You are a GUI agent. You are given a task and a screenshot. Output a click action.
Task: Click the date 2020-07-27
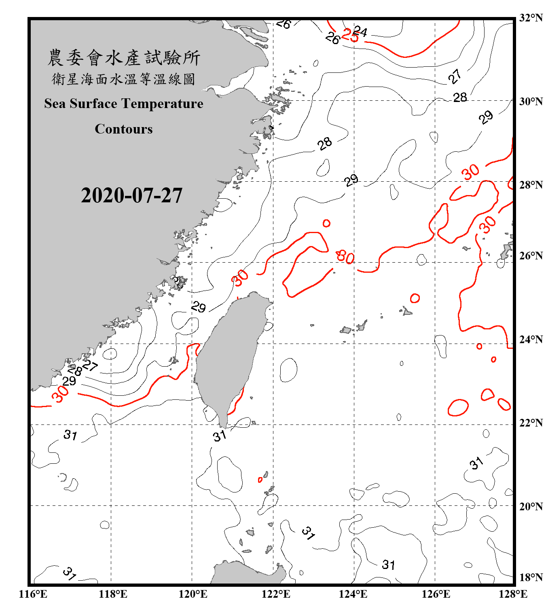coord(131,195)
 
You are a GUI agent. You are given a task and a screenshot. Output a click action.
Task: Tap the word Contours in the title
coord(124,129)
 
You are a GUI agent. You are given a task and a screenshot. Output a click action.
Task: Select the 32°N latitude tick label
coord(531,18)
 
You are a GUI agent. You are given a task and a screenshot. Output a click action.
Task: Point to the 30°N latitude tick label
coord(531,102)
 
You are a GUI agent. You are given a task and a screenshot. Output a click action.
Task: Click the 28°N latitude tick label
coord(531,185)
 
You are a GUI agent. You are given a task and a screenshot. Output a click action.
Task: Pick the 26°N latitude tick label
coord(531,256)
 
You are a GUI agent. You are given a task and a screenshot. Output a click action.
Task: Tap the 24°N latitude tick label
coord(531,339)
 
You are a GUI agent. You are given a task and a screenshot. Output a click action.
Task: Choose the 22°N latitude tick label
coord(531,423)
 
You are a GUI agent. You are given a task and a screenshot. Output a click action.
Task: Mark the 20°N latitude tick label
coord(531,506)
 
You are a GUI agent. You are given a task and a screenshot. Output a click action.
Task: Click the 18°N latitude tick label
coord(531,577)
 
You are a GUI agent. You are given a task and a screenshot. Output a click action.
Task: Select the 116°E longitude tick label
coord(33,594)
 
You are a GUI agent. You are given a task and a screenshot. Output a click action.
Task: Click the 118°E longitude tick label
coord(113,594)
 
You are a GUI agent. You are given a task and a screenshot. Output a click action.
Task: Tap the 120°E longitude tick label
coord(193,594)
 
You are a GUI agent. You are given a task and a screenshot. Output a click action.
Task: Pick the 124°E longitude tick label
coord(353,594)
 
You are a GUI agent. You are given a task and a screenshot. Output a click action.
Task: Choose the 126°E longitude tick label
coord(436,594)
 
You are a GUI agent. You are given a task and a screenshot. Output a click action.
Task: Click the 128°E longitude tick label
coord(513,594)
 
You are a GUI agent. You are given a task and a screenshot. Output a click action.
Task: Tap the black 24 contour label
coord(360,31)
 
